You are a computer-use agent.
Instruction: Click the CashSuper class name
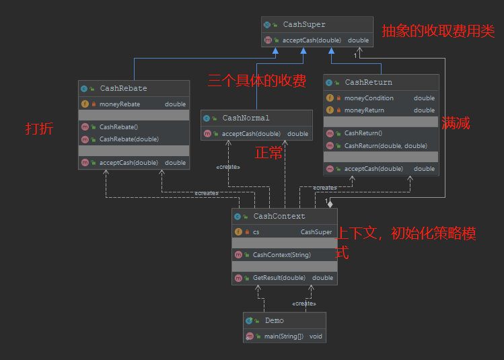click(x=303, y=25)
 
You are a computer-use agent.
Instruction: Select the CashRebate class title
click(x=123, y=88)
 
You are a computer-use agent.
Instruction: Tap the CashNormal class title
click(x=246, y=118)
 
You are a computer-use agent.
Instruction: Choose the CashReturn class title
click(x=368, y=82)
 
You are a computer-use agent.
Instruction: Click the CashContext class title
click(x=279, y=216)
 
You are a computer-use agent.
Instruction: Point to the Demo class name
click(x=274, y=320)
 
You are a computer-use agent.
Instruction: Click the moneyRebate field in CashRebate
click(x=120, y=104)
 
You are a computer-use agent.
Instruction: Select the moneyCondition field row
click(x=369, y=98)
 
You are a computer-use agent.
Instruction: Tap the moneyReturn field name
click(x=364, y=110)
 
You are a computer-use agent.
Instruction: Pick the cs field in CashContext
click(x=256, y=232)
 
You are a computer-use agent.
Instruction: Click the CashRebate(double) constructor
click(x=129, y=139)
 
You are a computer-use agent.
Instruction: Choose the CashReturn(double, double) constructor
click(x=385, y=145)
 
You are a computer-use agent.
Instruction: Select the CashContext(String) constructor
click(x=281, y=255)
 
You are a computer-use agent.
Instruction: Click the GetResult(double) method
click(x=279, y=278)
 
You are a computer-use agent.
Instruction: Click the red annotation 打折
click(x=39, y=129)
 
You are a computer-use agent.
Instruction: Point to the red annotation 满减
click(x=456, y=123)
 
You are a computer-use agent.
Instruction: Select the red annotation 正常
click(x=268, y=153)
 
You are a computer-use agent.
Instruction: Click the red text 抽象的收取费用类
click(x=438, y=32)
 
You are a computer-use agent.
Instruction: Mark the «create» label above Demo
click(x=304, y=303)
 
